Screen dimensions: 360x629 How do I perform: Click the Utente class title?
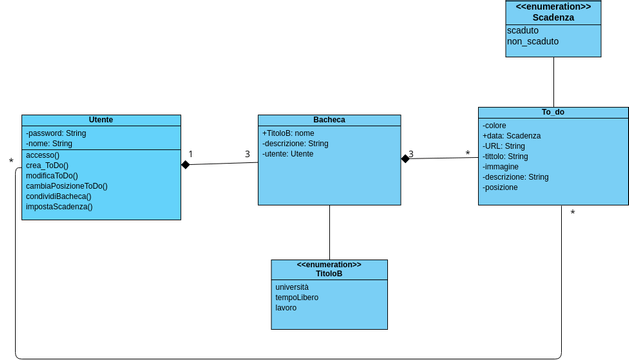click(101, 120)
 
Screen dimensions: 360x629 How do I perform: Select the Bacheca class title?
click(329, 120)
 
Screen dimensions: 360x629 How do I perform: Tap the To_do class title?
click(553, 112)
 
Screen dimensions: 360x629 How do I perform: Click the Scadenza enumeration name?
click(553, 17)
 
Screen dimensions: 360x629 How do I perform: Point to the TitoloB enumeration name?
click(329, 273)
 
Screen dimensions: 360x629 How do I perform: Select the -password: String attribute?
click(56, 133)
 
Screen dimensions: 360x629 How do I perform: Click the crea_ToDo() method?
click(47, 165)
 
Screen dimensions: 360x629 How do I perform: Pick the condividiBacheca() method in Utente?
click(58, 196)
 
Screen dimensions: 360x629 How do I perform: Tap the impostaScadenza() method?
click(59, 207)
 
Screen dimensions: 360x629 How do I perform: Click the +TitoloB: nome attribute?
click(288, 133)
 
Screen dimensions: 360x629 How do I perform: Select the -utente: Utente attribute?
click(287, 154)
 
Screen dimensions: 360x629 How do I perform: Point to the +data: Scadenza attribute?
click(511, 136)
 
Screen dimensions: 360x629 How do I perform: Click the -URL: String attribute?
click(503, 146)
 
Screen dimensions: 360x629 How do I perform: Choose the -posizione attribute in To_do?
click(500, 187)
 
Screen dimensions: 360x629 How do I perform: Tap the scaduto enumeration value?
click(522, 31)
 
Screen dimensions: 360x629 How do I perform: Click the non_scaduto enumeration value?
click(532, 42)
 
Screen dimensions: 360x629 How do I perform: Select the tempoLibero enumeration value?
click(297, 297)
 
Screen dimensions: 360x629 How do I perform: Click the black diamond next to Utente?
click(186, 164)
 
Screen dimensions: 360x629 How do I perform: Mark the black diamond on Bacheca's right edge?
click(405, 158)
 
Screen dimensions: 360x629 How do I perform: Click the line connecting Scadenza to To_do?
click(553, 82)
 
